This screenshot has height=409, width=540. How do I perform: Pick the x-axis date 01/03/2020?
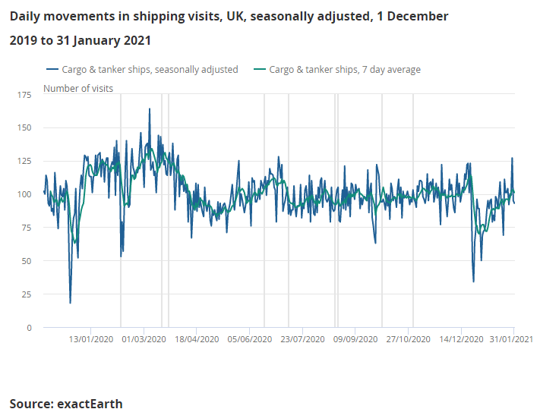point(144,339)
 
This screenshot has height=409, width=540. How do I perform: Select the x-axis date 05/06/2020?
point(249,339)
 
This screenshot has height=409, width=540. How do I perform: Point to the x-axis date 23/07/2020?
point(302,339)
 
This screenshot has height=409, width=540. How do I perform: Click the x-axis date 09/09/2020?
point(355,339)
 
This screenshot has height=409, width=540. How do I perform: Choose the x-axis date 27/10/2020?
point(409,339)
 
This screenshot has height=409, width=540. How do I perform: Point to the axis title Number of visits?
point(78,89)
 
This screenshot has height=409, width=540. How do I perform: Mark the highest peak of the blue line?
point(150,109)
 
